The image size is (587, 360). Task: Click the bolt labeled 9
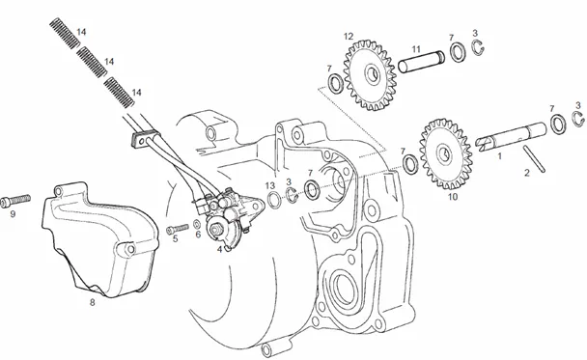15,201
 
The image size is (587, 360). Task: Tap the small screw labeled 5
178,229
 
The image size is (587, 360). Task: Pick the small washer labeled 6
197,224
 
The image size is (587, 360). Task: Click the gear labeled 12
370,75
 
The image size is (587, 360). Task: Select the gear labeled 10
445,154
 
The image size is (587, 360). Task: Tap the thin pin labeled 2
534,158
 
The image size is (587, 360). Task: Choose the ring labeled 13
274,200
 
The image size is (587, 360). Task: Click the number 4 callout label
220,249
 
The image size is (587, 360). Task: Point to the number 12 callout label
349,37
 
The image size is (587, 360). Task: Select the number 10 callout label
453,196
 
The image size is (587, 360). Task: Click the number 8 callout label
92,302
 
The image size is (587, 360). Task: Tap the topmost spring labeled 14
65,33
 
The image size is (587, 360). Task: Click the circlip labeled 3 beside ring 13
292,195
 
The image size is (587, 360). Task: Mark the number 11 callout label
416,49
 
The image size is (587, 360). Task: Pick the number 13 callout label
270,185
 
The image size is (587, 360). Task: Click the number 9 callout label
13,214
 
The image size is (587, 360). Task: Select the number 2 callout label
527,173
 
